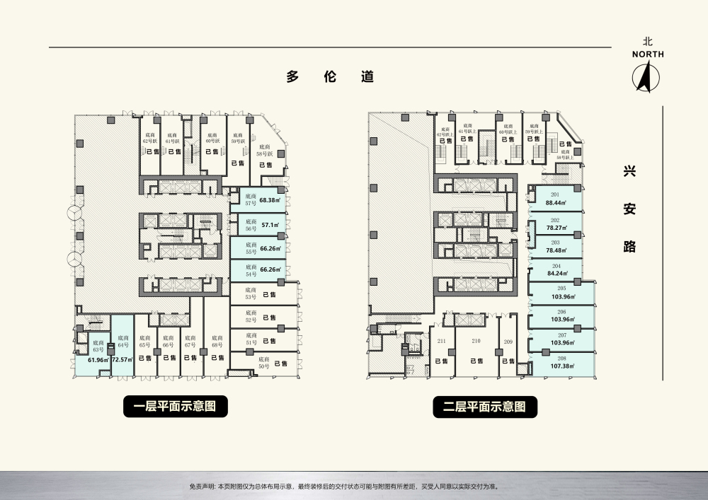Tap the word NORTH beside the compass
pos(648,54)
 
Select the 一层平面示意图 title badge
pos(176,406)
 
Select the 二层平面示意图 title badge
pos(486,406)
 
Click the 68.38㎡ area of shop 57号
pos(269,200)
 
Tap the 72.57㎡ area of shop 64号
pos(122,360)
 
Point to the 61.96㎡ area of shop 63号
pos(97,360)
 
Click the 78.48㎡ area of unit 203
pos(555,250)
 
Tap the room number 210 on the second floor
pos(476,342)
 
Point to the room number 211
pos(442,342)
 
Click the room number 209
pos(508,342)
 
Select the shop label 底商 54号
pos(250,270)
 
